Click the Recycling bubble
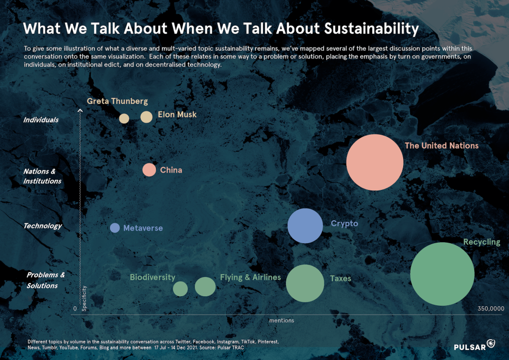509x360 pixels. coord(442,274)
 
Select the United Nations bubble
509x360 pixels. coord(375,162)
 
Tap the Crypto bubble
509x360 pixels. coord(305,226)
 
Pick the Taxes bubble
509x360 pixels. coord(305,283)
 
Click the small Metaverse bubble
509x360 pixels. coord(115,228)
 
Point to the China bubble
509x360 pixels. coord(149,170)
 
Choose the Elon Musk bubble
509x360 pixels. coord(146,117)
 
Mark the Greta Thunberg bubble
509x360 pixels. coord(124,118)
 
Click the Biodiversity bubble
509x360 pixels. coord(180,288)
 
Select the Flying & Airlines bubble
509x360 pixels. coord(205,286)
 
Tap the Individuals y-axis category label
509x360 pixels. coord(41,120)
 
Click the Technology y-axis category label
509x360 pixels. coord(43,226)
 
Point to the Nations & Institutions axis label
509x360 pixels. coord(42,176)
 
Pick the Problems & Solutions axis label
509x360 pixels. coord(45,280)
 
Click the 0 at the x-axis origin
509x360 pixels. coord(75,309)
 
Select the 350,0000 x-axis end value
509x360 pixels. coord(491,309)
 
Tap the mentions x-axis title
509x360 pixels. coord(281,321)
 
